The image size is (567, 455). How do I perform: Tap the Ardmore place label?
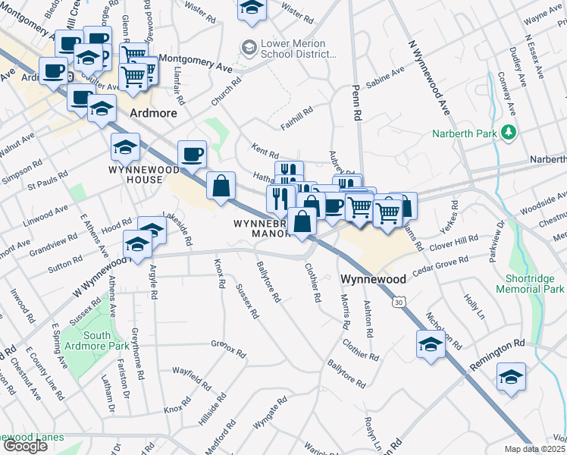[x=153, y=113]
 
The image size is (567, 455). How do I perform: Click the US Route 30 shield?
[x=398, y=302]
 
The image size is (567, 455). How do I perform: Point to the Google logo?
[x=25, y=445]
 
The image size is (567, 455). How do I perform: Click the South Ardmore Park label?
[x=97, y=340]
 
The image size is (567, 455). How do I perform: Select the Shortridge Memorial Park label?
[x=531, y=283]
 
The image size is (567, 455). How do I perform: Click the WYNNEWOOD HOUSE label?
[x=135, y=174]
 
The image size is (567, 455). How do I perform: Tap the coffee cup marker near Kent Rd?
[x=193, y=153]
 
